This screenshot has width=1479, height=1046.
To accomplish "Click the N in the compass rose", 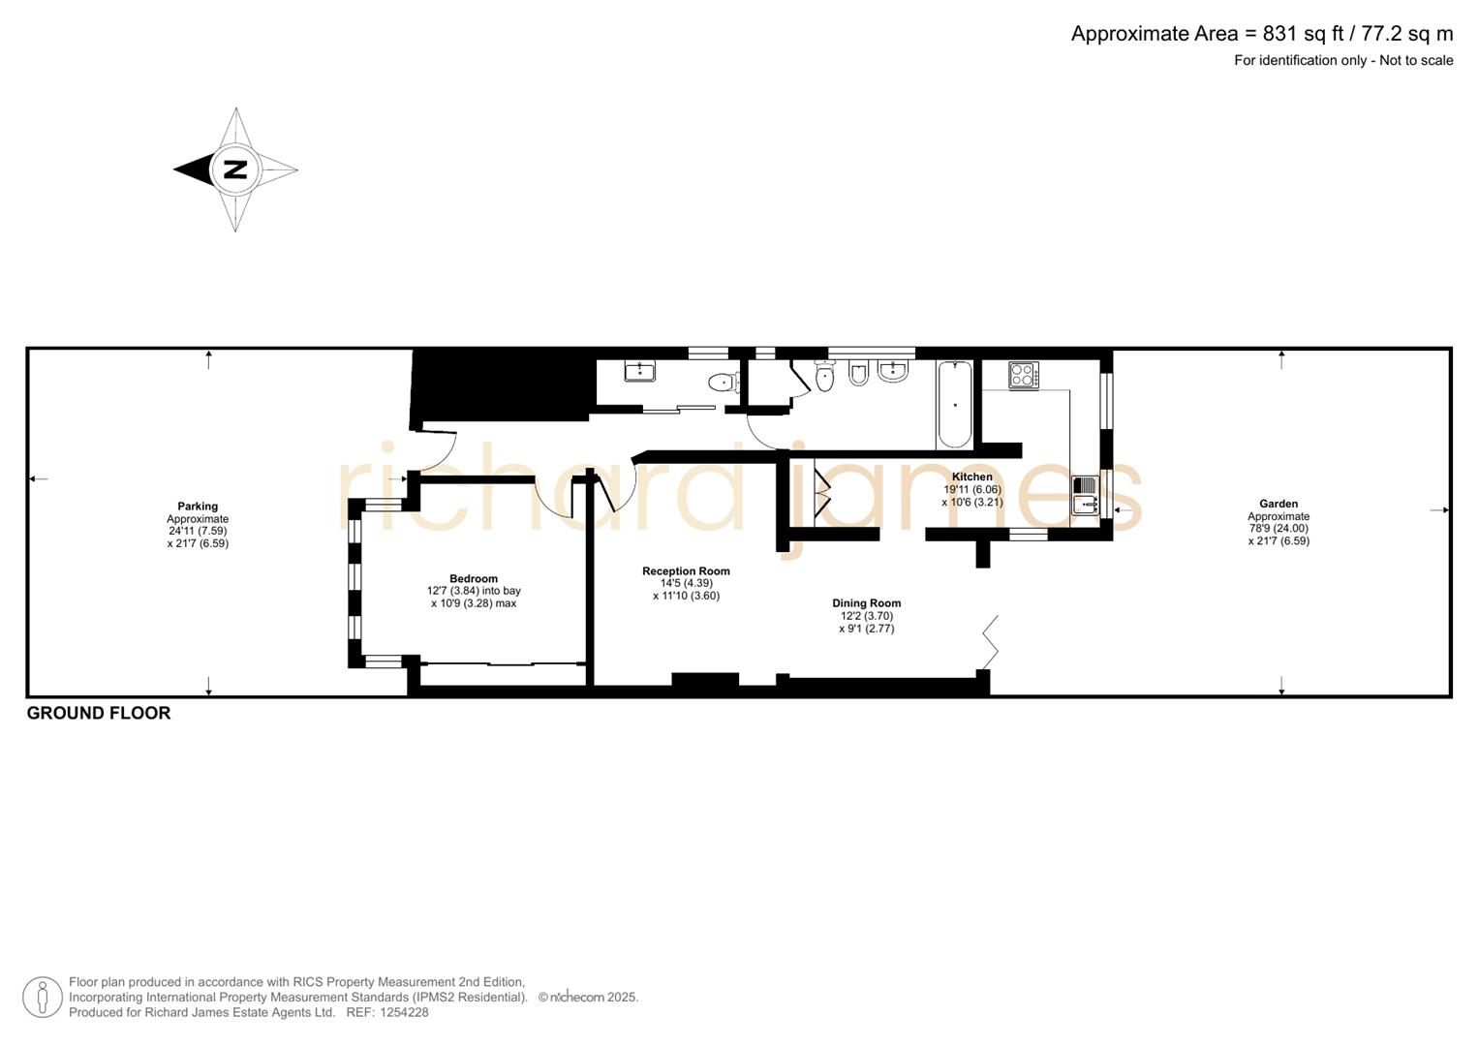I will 235,169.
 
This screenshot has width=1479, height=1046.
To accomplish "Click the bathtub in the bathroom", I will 954,404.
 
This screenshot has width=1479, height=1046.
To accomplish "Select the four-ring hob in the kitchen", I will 1023,375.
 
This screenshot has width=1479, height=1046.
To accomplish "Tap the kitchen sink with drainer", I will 1085,495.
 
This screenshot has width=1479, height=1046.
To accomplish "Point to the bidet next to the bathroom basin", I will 858,373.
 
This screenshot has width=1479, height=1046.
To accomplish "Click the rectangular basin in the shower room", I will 639,371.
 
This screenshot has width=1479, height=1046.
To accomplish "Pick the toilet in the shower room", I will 723,383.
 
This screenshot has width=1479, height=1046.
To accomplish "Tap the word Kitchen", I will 971,477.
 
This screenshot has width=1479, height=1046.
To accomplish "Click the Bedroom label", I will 474,578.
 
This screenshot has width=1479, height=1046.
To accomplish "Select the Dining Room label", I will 866,603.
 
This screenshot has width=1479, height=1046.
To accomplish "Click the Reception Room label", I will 686,571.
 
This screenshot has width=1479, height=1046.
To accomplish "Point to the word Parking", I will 198,507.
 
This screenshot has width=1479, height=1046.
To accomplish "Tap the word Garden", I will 1279,504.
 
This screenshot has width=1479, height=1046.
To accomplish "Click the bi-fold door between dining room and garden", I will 990,641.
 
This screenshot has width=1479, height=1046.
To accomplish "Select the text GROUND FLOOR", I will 99,713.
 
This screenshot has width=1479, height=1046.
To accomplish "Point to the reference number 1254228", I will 403,1012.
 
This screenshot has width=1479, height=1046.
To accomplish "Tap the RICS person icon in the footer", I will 43,997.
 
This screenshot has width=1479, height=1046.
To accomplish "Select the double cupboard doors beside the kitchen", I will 822,492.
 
